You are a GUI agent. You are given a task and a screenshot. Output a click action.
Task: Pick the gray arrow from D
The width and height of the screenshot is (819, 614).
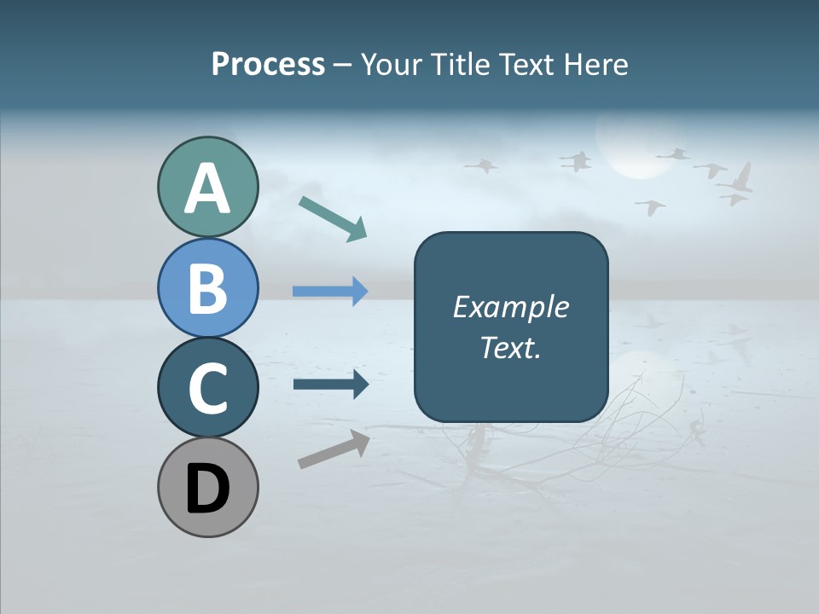pos(334,449)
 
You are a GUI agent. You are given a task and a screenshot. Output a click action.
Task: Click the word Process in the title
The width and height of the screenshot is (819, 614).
pos(268,65)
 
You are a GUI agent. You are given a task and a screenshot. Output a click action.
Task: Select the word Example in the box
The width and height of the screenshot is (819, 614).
pos(511,307)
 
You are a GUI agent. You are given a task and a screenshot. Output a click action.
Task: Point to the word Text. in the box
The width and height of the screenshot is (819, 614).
pos(511,348)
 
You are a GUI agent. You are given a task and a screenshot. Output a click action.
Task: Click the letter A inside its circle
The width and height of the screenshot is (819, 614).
pos(207,189)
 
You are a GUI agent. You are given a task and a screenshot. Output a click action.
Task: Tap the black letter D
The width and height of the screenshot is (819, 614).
pos(207,489)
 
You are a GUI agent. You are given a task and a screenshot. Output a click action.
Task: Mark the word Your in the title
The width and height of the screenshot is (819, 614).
pos(390,65)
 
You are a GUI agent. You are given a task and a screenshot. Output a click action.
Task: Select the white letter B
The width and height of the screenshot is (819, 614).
pos(207,288)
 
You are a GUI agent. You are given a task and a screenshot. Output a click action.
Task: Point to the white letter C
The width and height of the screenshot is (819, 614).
pos(207,387)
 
